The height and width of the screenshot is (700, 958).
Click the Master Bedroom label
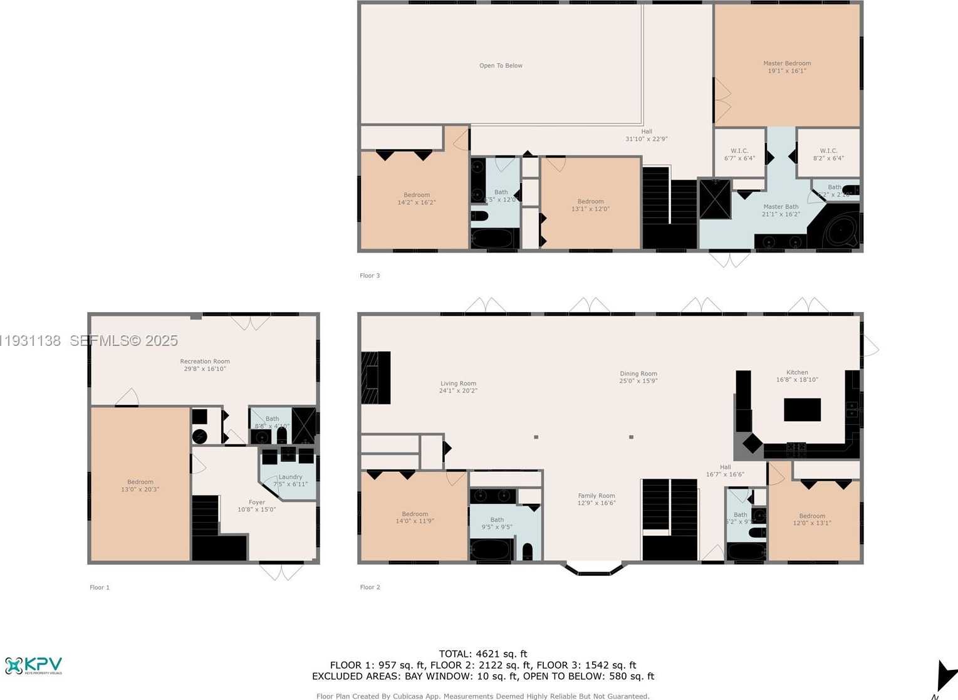787,67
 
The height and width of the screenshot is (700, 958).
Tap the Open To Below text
501,66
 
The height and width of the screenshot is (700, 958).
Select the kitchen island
802,410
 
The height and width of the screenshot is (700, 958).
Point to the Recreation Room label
205,365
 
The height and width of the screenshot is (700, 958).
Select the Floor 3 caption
370,276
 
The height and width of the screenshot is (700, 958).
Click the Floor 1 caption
100,588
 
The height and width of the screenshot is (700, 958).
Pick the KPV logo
34,666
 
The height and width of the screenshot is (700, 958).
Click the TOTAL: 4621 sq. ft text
483,654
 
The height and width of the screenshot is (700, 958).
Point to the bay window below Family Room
595,568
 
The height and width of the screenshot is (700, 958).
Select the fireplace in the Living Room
376,377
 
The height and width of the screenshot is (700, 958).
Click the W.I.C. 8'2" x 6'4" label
828,154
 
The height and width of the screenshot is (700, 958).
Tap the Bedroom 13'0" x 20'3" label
140,486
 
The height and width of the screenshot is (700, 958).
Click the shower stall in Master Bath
715,199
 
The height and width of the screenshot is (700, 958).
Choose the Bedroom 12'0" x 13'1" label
812,520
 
